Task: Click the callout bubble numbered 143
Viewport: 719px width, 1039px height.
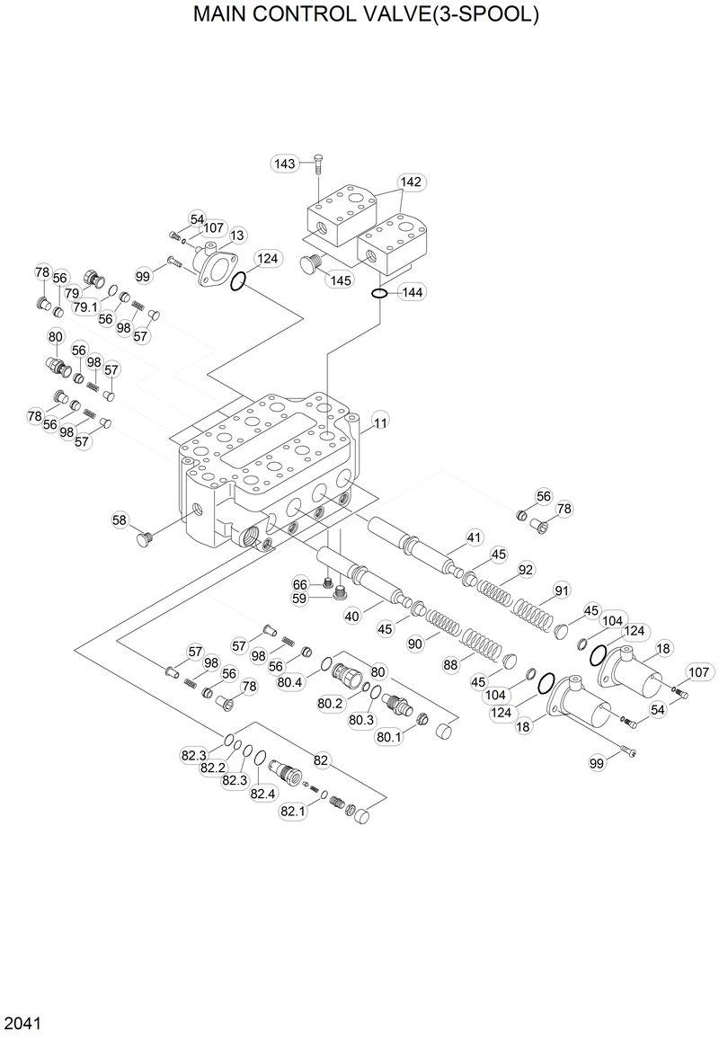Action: tap(285, 164)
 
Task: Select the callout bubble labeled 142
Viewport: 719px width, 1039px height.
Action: tap(411, 182)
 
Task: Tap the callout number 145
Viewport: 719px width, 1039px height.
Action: tap(340, 280)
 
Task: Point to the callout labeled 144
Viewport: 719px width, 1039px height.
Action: tap(413, 292)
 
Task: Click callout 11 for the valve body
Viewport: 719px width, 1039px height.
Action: tap(381, 422)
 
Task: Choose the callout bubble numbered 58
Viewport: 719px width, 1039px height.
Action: tap(120, 520)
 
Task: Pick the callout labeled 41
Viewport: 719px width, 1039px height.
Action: tap(475, 538)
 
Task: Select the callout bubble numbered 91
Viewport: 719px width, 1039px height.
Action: tap(563, 591)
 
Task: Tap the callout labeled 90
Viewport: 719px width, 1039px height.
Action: tap(415, 644)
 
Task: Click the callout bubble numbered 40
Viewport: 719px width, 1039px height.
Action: tap(352, 616)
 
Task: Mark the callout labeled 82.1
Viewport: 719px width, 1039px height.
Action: tap(293, 811)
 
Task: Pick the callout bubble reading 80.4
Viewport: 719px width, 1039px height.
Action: tap(290, 682)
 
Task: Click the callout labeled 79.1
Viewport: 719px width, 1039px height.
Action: tap(85, 306)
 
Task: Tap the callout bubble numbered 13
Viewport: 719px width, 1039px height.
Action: tap(237, 235)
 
